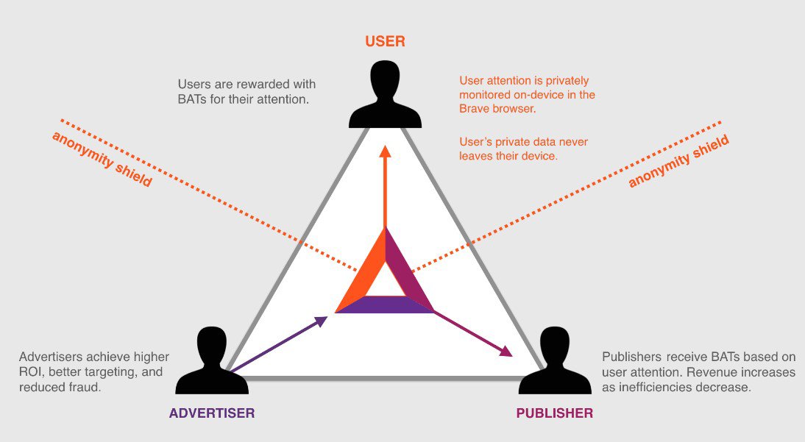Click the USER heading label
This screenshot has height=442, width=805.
[x=385, y=41]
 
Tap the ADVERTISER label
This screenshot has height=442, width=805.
[x=212, y=413]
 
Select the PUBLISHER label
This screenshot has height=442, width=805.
[x=554, y=413]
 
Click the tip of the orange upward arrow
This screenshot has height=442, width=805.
[x=385, y=150]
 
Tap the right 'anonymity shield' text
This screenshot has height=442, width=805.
[x=679, y=161]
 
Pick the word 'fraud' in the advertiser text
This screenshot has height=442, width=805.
[x=84, y=387]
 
